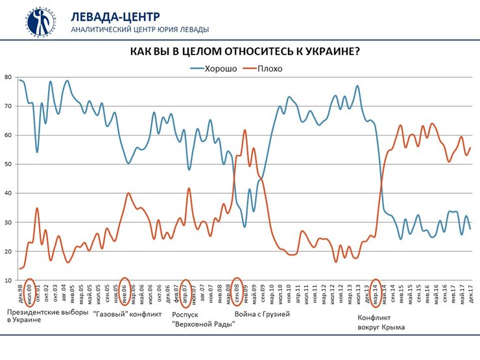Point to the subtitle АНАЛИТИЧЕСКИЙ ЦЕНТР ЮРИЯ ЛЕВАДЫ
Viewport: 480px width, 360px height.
139,29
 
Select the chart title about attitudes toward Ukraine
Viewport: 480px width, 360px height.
245,51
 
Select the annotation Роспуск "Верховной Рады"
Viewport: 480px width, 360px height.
203,319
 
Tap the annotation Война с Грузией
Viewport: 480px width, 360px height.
262,315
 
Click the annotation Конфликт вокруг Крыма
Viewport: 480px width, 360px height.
381,322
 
